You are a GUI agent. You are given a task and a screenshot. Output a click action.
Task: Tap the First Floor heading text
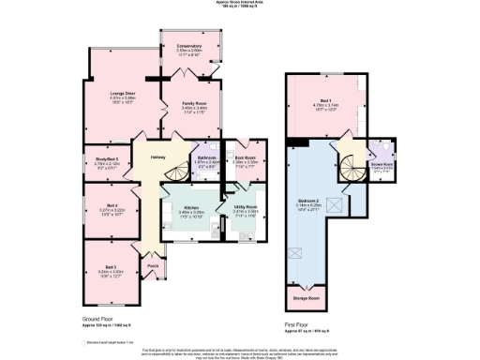click(x=299, y=324)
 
